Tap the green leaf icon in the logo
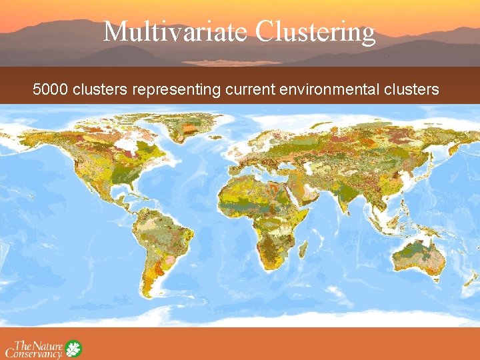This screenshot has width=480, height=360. tap(73, 348)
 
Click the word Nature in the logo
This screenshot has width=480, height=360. tap(47, 345)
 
